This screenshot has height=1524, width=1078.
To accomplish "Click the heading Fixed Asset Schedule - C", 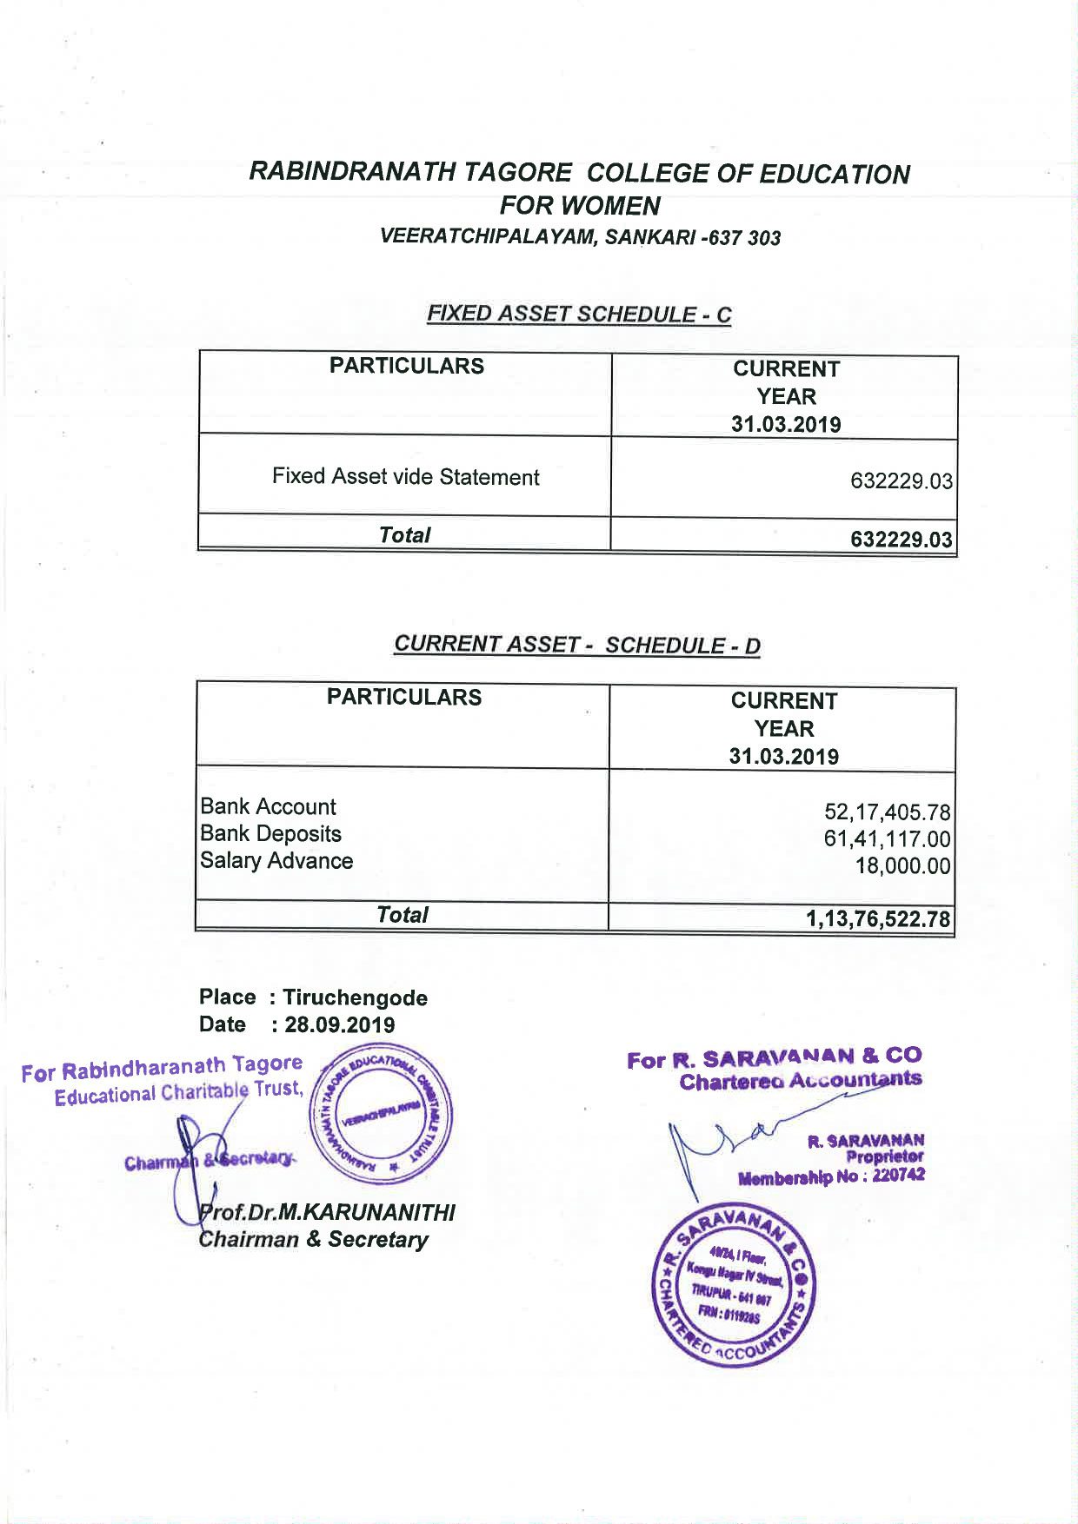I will click(578, 314).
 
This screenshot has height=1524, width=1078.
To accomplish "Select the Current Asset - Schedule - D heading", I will click(576, 645).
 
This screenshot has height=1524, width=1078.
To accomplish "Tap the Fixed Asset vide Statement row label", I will click(405, 477).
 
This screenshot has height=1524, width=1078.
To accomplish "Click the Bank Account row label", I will click(268, 806).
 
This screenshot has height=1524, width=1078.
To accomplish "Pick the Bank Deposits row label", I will click(270, 833).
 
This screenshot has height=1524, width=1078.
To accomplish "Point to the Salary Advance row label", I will click(276, 860).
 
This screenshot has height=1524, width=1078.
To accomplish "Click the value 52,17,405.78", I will click(887, 812).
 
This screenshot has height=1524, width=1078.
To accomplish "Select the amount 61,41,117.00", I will click(887, 839).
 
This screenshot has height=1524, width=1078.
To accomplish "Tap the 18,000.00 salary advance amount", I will click(902, 866).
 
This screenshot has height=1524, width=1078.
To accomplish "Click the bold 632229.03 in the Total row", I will click(901, 540).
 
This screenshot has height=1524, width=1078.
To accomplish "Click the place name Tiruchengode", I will click(355, 997).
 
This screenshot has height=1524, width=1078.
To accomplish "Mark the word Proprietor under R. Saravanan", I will click(884, 1156).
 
